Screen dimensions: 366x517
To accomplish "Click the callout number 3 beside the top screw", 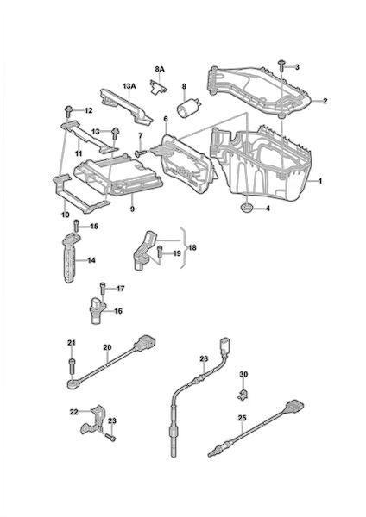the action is (x=297, y=67).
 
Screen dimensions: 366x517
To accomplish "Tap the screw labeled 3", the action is (x=281, y=65).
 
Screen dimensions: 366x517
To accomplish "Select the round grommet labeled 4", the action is (x=246, y=209).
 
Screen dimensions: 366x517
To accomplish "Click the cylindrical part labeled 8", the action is (x=189, y=107).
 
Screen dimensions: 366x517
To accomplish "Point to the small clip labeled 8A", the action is (x=158, y=87).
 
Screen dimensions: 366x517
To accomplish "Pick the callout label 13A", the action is (x=129, y=86).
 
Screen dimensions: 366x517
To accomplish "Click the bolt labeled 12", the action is (x=69, y=111).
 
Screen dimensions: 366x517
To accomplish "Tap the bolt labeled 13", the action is (x=116, y=134).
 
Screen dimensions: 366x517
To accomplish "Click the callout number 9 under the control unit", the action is (x=132, y=209).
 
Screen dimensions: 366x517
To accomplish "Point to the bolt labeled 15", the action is (x=76, y=226).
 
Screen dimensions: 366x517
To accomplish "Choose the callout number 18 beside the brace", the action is (x=192, y=247).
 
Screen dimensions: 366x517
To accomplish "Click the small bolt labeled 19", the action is (x=160, y=252).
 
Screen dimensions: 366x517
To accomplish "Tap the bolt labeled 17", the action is (x=103, y=289).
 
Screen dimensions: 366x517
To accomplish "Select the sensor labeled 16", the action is (x=97, y=310).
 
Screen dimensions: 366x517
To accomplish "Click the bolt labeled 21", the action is (x=72, y=365).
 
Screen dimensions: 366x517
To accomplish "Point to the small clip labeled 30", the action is (x=243, y=394).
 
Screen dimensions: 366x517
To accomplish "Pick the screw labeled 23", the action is (x=111, y=437).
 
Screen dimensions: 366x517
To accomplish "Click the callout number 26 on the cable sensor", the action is (x=204, y=358).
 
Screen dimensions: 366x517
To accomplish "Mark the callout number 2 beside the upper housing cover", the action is (x=325, y=101).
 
